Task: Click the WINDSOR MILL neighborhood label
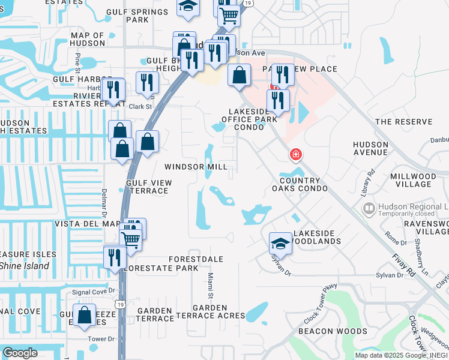[196, 166]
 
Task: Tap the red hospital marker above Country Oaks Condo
[295, 155]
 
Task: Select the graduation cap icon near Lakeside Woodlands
[280, 242]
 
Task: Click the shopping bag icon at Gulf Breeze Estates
[85, 314]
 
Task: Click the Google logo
[20, 353]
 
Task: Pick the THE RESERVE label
[403, 122]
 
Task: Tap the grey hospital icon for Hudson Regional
[369, 209]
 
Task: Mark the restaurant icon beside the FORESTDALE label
[114, 256]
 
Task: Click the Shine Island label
[24, 266]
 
